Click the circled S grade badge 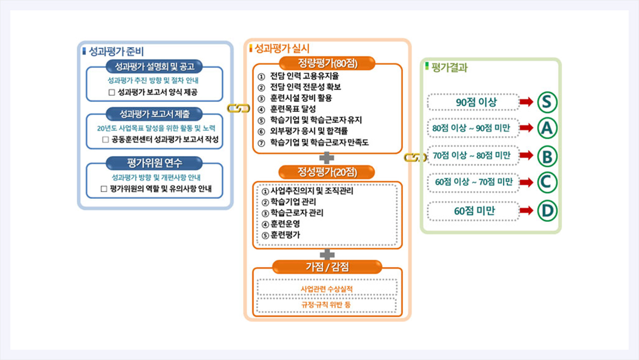pyautogui.click(x=547, y=102)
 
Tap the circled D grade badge pyautogui.click(x=547, y=211)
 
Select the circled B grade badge pyautogui.click(x=547, y=156)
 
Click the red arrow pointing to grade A pyautogui.click(x=526, y=128)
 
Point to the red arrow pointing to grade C pyautogui.click(x=526, y=182)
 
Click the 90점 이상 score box pyautogui.click(x=473, y=102)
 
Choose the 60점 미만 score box pyautogui.click(x=473, y=211)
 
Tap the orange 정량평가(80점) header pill pyautogui.click(x=327, y=63)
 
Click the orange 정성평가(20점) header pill pyautogui.click(x=327, y=172)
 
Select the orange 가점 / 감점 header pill pyautogui.click(x=327, y=267)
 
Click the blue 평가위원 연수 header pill pyautogui.click(x=154, y=163)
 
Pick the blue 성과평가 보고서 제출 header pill pyautogui.click(x=154, y=114)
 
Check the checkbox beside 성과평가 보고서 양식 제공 pyautogui.click(x=112, y=92)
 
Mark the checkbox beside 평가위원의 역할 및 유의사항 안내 pyautogui.click(x=104, y=188)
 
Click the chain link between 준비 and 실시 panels pyautogui.click(x=239, y=108)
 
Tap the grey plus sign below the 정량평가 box pyautogui.click(x=327, y=158)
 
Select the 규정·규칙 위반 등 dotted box pyautogui.click(x=327, y=305)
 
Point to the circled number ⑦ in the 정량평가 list pyautogui.click(x=261, y=143)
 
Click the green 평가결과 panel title pyautogui.click(x=449, y=67)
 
